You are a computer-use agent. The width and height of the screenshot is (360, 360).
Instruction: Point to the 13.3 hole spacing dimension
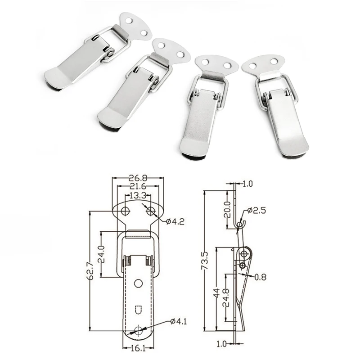[x=136, y=195]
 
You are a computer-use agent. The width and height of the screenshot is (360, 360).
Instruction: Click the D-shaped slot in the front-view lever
[x=139, y=310]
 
